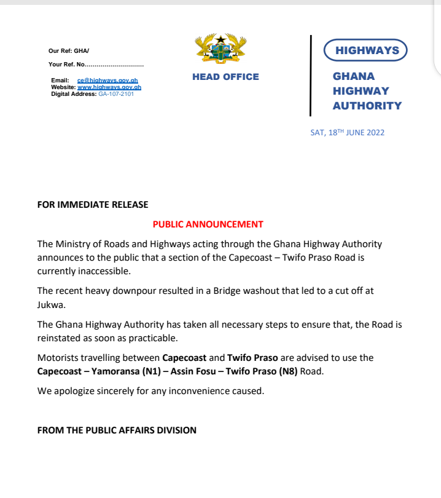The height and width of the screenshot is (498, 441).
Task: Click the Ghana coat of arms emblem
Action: coord(219,49)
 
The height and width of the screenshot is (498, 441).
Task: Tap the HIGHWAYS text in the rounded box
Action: coord(367,50)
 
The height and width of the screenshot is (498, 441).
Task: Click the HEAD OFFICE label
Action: coord(225,77)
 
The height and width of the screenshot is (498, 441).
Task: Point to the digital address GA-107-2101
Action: coord(116,94)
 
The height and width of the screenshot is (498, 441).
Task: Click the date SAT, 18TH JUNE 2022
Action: coord(347,132)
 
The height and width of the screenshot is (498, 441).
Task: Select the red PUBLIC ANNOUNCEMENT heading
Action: coord(208,224)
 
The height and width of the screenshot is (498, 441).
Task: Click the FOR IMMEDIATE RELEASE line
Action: coord(93,205)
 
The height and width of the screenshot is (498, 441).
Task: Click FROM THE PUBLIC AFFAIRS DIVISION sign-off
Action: coord(117,430)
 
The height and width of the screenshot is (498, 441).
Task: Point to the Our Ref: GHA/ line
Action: coord(69,51)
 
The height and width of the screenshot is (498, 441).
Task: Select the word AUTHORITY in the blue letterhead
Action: coord(367,106)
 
